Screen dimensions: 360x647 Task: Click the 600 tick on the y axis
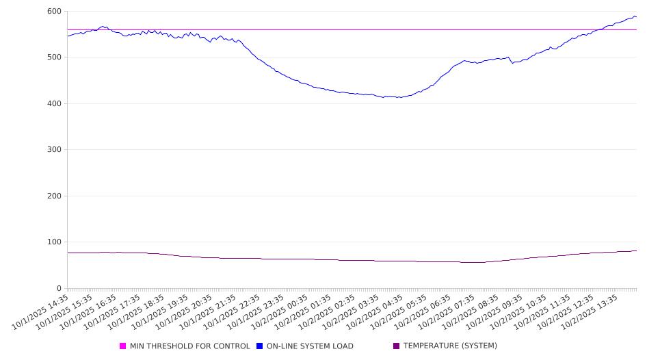54,12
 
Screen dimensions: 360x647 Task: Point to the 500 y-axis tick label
54,57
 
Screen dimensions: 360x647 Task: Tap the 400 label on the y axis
54,104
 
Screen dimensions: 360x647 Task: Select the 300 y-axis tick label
54,150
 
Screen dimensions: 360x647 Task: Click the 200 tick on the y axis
54,196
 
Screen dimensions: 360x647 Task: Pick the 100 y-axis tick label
54,242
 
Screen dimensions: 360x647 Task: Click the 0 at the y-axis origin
59,289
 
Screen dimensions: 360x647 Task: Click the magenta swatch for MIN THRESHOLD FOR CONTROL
123,346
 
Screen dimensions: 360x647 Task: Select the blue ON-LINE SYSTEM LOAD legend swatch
260,346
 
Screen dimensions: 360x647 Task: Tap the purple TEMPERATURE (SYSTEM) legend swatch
397,346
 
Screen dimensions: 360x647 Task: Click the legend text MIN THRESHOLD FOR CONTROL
189,346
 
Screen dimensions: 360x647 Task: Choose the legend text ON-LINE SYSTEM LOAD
310,346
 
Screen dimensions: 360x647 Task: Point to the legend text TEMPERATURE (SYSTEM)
450,346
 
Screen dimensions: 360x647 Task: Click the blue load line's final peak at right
633,16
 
